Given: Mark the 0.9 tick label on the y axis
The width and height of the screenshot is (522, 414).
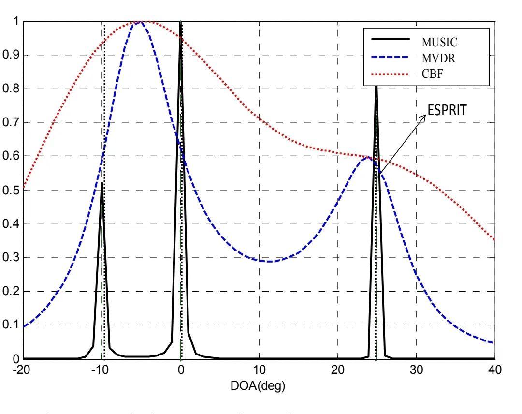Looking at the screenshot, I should click(11, 55).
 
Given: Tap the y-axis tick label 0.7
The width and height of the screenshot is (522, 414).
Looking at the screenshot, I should click(11, 123).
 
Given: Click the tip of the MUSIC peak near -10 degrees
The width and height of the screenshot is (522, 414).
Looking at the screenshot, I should click(101, 183).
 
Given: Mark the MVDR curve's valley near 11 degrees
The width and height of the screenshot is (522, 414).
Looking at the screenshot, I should click(269, 262).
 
